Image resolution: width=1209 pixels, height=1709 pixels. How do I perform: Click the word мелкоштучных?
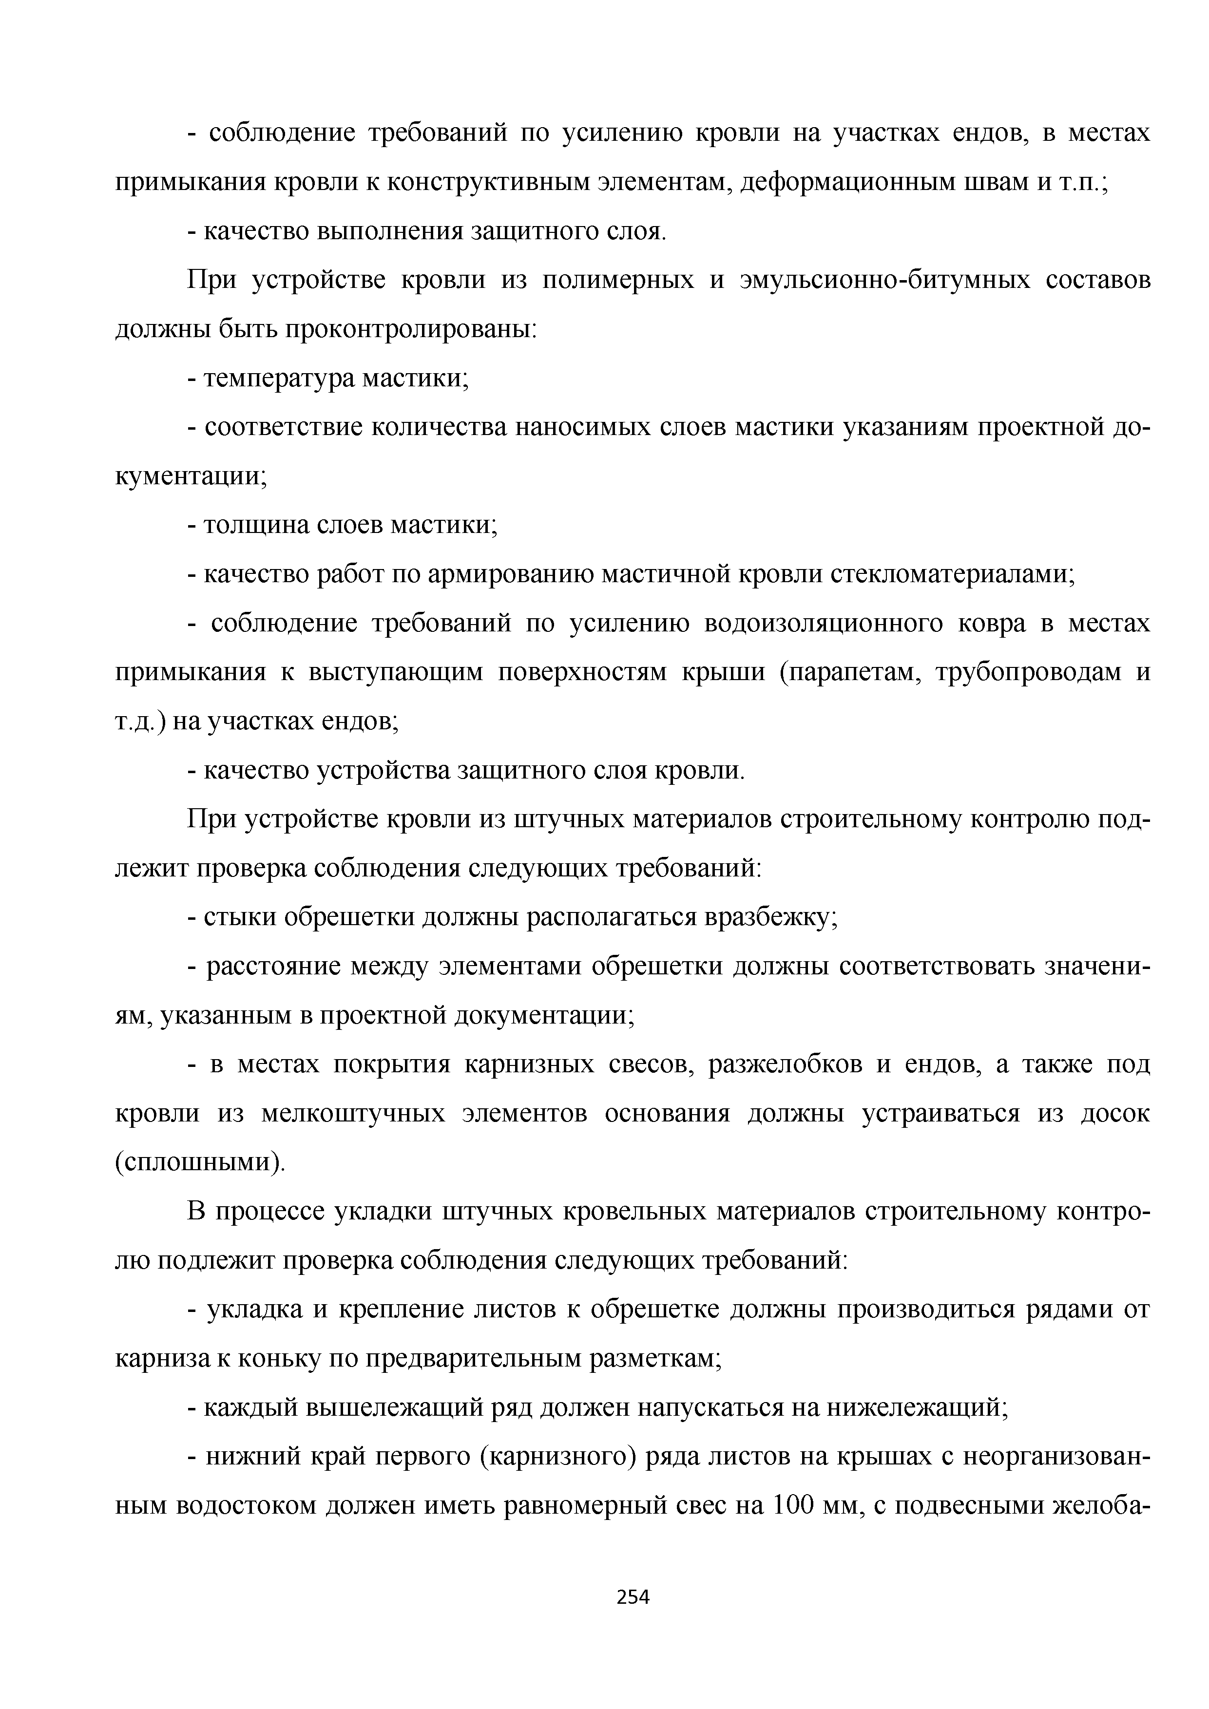click(x=354, y=1114)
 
